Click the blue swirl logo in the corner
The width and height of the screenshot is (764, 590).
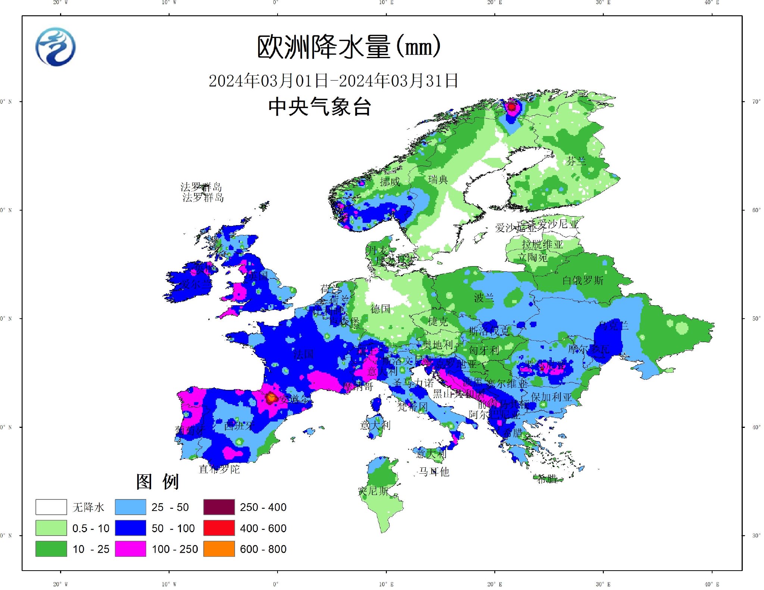(x=56, y=47)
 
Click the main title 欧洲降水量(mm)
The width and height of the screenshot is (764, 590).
(x=349, y=47)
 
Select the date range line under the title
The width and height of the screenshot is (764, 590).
(x=333, y=81)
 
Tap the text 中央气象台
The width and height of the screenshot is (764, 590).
(x=319, y=107)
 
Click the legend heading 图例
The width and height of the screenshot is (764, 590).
(x=157, y=482)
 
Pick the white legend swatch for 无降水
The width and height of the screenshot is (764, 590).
(x=51, y=507)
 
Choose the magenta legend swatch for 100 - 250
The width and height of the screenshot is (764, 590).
(x=130, y=549)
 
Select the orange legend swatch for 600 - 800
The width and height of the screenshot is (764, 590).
(x=219, y=549)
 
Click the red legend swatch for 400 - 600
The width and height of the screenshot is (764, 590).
(x=219, y=528)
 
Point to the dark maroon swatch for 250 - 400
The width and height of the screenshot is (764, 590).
(x=219, y=507)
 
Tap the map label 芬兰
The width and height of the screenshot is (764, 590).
(x=576, y=161)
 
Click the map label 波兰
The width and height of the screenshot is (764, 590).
(x=484, y=297)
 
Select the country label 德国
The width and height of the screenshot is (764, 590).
(x=380, y=309)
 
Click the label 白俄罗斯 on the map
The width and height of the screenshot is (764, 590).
(x=582, y=280)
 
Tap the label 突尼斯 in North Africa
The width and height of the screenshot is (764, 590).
(x=373, y=491)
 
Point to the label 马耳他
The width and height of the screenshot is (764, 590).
(x=434, y=472)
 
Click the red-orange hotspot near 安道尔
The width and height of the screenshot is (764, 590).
(x=271, y=398)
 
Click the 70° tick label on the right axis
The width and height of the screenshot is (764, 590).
(x=756, y=101)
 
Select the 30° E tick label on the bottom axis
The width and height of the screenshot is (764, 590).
(x=603, y=584)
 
